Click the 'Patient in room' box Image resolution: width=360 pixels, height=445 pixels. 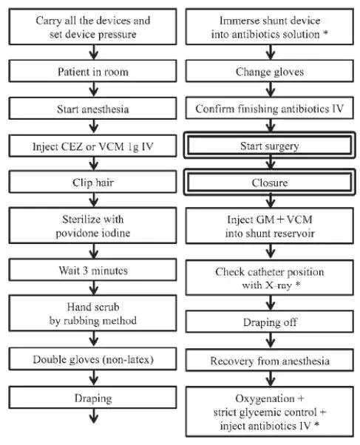92,71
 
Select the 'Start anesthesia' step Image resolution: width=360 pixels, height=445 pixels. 92,109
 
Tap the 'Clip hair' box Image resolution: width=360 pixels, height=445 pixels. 92,182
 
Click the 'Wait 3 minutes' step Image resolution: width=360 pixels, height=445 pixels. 92,270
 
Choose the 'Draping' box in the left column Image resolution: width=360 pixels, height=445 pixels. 92,398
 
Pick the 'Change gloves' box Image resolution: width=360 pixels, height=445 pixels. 270,71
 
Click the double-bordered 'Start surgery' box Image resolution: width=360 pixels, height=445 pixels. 270,146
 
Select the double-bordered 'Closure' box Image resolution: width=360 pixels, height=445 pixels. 270,182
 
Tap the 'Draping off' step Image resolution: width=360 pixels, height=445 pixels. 270,322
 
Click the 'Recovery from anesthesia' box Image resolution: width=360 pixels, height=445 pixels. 270,360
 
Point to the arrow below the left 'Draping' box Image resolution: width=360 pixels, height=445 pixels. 94,416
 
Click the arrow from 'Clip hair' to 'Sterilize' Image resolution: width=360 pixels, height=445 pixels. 94,200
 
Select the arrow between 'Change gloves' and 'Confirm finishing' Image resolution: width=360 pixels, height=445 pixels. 271,89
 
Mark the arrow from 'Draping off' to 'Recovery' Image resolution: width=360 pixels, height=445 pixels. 271,341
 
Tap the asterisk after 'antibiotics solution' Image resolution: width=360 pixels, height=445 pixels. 326,33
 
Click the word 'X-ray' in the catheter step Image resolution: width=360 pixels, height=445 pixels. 279,285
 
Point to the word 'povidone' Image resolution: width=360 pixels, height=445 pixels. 75,234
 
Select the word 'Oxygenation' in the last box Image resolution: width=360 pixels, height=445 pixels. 265,398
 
